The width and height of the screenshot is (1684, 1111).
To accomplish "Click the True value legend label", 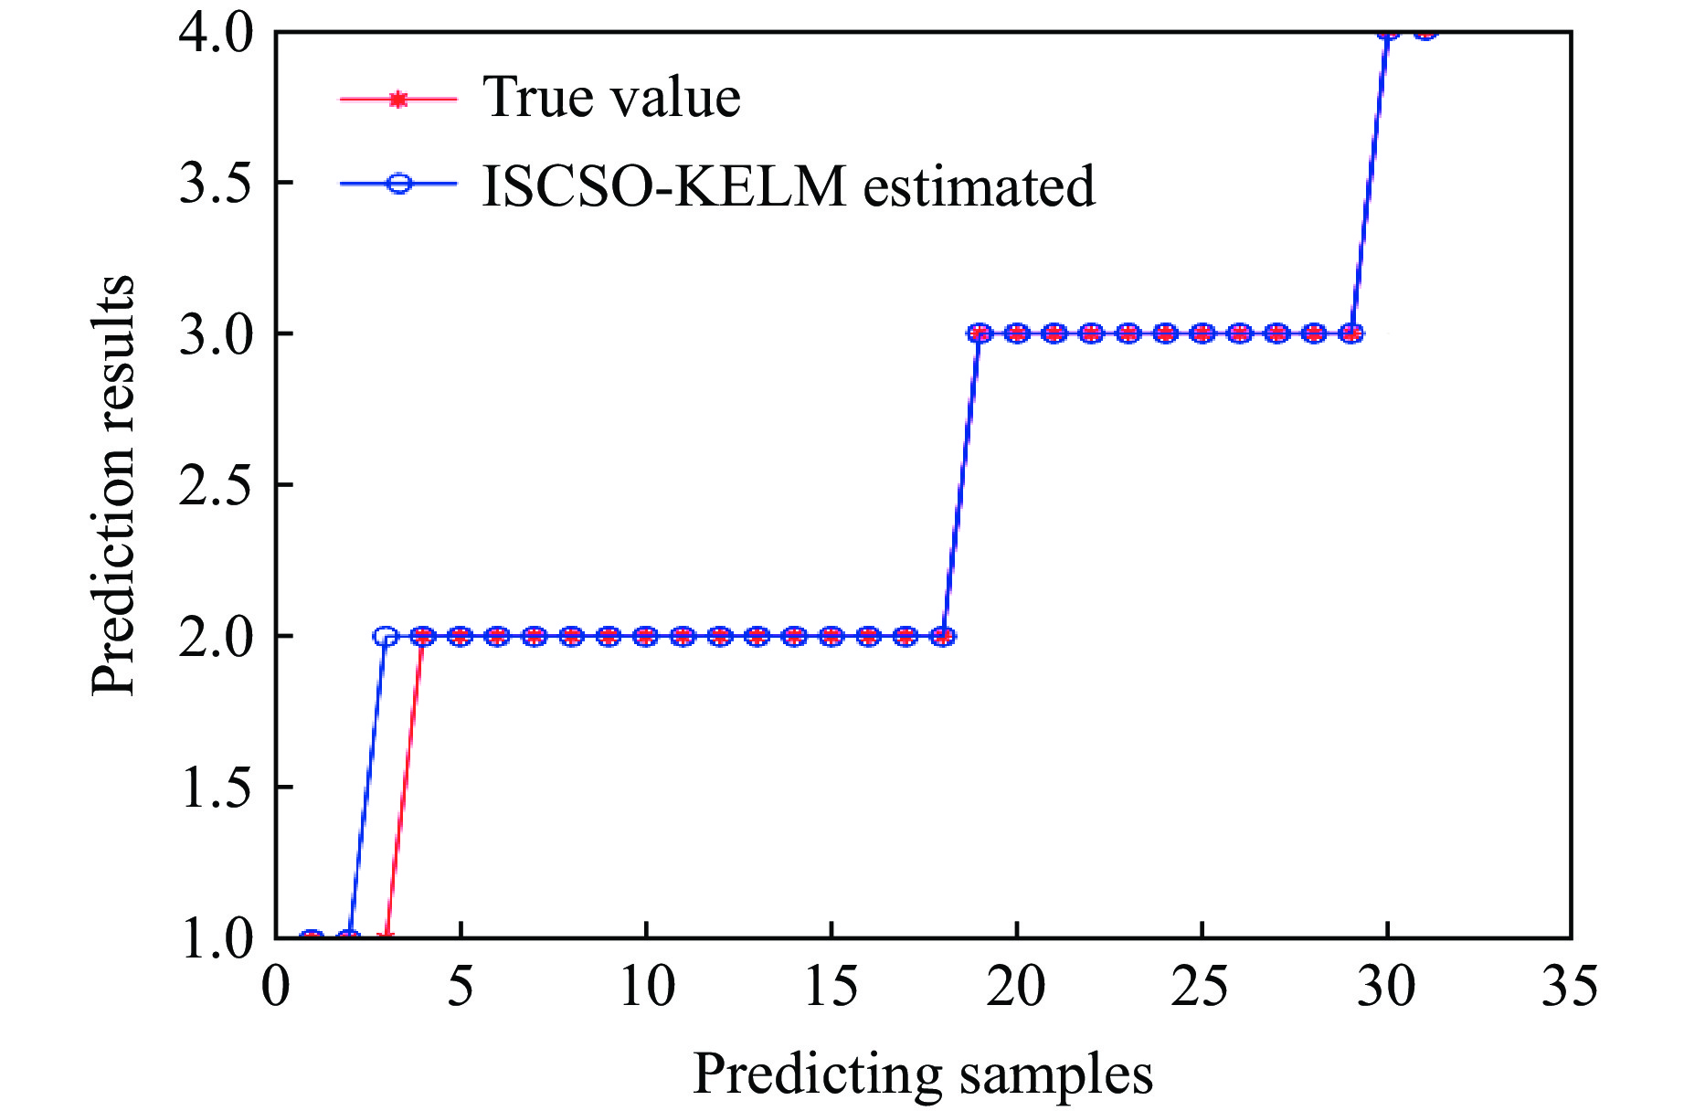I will pos(610,97).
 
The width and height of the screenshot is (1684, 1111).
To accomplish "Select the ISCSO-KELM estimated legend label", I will pos(788,186).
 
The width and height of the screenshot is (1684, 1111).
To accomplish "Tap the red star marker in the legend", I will pos(397,99).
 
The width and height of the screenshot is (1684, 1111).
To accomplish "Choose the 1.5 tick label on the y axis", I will pos(216,788).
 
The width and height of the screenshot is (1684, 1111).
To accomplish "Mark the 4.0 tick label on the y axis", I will pos(216,35).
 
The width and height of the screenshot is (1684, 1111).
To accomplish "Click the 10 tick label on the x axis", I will pos(646,988).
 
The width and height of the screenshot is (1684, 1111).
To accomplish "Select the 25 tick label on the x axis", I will pos(1201,988).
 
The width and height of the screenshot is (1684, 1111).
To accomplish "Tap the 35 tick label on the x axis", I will pos(1570,988).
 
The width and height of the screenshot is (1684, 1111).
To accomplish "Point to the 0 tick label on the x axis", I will pos(276,988).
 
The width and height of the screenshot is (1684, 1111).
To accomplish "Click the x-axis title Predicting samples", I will pos(922,1073).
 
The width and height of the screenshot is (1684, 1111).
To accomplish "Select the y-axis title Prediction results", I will pos(113,485).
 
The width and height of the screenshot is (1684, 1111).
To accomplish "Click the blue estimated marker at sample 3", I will pos(386,636).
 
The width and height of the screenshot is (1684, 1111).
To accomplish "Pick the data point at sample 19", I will pos(980,333).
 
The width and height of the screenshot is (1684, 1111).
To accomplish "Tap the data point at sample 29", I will pos(1350,333).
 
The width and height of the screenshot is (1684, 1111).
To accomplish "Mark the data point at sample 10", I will pos(646,636).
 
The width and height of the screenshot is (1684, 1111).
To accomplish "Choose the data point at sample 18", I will pos(942,636).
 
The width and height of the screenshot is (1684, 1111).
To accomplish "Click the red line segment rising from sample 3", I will pos(404,786).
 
